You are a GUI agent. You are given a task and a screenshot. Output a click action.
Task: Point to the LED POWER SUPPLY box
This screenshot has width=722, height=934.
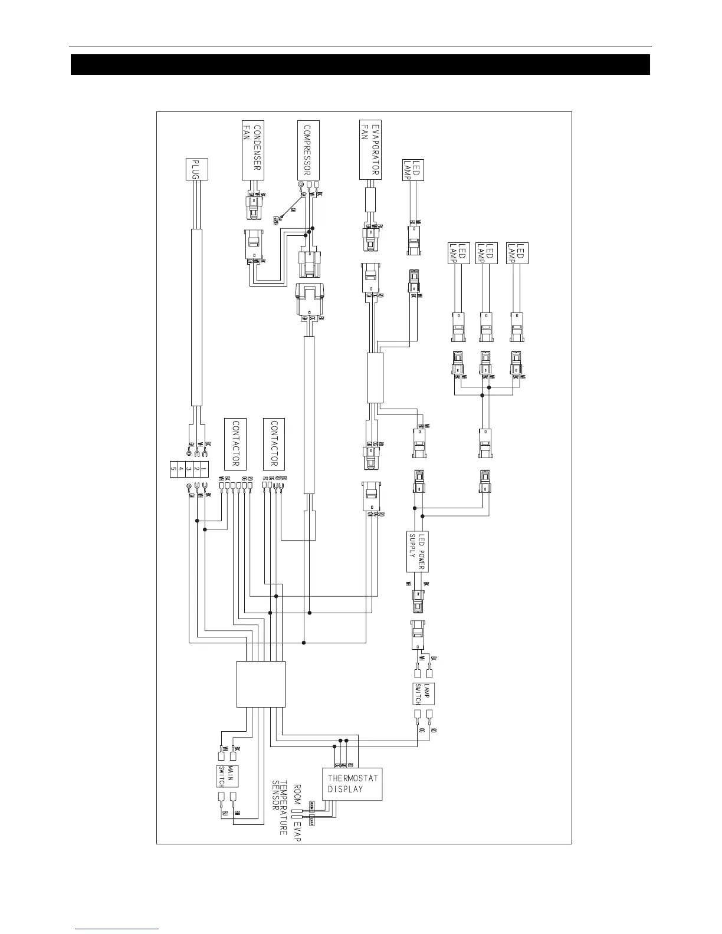click(417, 551)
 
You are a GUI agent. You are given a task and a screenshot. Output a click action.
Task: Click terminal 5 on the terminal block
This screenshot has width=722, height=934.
click(173, 471)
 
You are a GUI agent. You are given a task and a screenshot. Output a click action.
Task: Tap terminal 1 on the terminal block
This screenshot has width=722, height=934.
click(203, 471)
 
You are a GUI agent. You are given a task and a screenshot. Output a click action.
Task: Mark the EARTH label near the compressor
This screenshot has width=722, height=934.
click(275, 220)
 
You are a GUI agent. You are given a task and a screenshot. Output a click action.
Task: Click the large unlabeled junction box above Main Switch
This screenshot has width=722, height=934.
click(261, 684)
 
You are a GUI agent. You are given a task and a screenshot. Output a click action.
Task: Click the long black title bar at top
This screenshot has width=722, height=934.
click(360, 65)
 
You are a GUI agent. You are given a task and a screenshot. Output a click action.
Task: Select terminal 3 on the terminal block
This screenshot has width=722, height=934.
click(188, 471)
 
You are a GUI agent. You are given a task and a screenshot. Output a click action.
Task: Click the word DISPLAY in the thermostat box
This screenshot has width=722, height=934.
click(345, 790)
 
